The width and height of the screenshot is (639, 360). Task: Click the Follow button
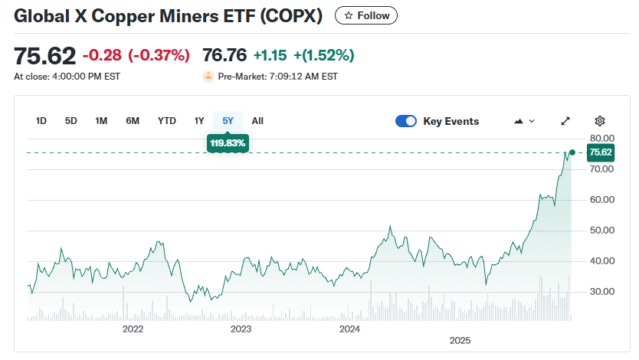[x=367, y=15]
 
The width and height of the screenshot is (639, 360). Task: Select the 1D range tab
[x=41, y=121]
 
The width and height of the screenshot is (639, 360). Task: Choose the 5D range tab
[x=71, y=121]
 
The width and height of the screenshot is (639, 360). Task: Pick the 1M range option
[x=101, y=121]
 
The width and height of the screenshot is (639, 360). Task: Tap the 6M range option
[x=133, y=121]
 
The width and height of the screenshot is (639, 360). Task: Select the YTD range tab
[x=166, y=121]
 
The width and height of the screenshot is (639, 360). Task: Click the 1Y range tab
[x=199, y=121]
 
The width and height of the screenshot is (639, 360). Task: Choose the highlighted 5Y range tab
[x=228, y=121]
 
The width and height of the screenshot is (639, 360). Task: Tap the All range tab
[x=257, y=121]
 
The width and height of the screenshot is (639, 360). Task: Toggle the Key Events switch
[x=406, y=121]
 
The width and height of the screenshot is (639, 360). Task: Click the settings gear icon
[x=600, y=121]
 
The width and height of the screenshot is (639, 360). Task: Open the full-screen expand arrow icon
[x=565, y=121]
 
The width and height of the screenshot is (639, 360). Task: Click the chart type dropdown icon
[x=525, y=121]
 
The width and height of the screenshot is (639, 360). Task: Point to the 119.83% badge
[x=228, y=143]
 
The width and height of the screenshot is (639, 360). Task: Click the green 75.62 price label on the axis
[x=600, y=152]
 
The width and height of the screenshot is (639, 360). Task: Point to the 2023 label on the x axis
[x=241, y=329]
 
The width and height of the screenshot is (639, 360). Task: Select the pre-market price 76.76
[x=224, y=55]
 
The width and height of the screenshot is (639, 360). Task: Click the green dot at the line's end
[x=572, y=152]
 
